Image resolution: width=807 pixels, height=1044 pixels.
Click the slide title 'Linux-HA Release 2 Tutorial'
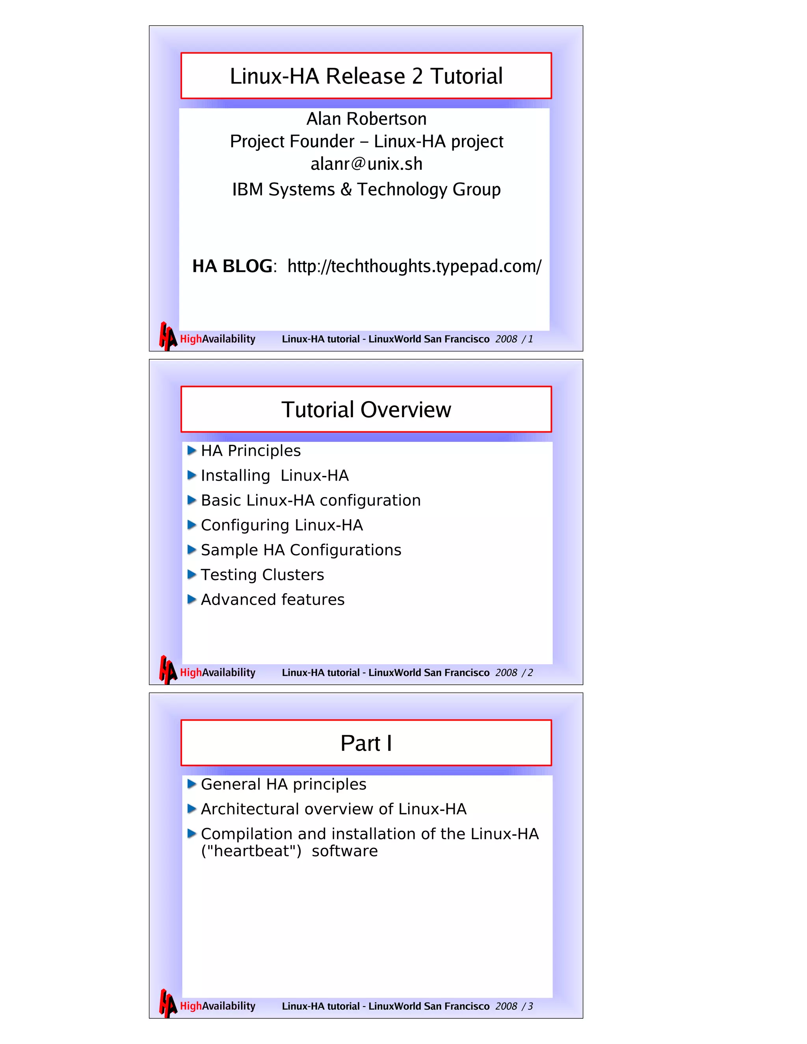pos(366,76)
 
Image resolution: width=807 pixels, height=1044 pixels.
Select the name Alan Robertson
pos(366,119)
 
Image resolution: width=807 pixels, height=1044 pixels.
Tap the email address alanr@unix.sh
pos(366,164)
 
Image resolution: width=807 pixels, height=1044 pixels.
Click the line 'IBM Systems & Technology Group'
pos(366,189)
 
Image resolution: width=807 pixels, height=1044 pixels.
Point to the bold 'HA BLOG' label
pos(232,266)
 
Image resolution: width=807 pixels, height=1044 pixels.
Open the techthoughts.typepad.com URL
pos(414,266)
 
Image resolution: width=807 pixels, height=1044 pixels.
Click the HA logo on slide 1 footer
pos(167,336)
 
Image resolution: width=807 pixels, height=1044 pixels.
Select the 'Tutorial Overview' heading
pos(366,410)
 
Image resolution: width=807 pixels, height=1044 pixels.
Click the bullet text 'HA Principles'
pos(251,451)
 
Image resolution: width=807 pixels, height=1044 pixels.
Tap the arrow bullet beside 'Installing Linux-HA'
pos(192,475)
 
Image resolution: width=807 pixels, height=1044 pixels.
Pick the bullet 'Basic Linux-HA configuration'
pos(311,500)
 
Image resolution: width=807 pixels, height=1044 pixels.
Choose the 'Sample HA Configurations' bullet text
pos(301,550)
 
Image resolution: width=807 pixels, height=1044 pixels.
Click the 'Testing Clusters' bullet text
pos(262,575)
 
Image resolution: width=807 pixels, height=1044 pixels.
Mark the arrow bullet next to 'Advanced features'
pos(192,600)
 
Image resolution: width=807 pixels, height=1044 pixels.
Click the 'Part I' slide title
pos(366,743)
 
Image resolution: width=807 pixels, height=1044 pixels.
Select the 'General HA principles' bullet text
pos(283,784)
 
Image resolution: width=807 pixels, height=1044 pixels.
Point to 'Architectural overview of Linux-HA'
pos(333,809)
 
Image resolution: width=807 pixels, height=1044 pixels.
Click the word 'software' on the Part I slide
pos(344,851)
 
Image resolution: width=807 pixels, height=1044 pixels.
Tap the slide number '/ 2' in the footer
pos(527,673)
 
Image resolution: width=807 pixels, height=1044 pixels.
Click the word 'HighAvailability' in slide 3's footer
pos(218,1006)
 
